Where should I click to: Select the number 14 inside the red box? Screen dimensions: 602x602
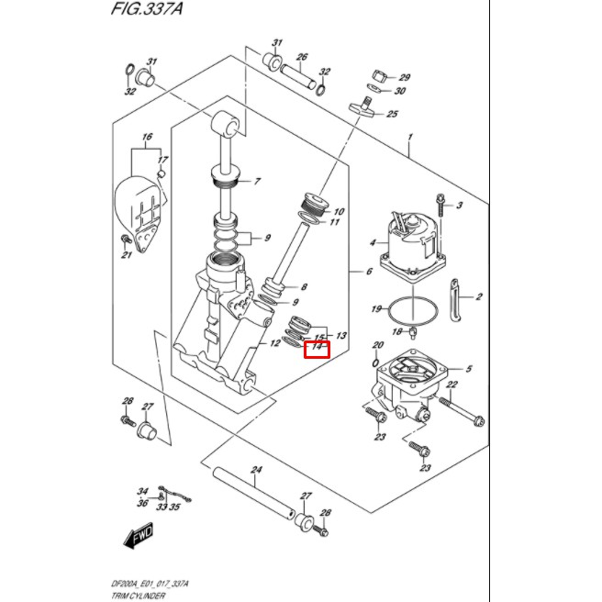click(x=318, y=348)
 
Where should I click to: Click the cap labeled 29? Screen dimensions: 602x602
click(x=377, y=74)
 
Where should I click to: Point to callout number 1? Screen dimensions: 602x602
click(x=410, y=139)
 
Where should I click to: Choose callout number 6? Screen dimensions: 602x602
click(x=366, y=272)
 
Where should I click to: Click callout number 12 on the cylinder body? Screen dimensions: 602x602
click(x=273, y=343)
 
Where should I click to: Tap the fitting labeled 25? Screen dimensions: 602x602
click(x=363, y=108)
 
